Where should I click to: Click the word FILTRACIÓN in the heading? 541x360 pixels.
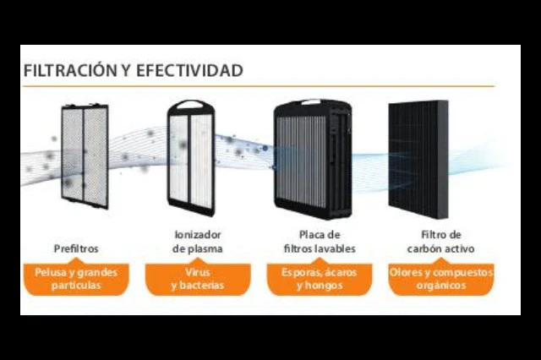[70, 70]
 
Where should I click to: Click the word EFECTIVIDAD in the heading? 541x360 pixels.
[189, 71]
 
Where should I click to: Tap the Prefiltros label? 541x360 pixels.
[76, 248]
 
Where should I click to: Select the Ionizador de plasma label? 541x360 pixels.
[198, 242]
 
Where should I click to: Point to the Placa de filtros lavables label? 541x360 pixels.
[320, 242]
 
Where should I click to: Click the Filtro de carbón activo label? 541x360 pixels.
[441, 242]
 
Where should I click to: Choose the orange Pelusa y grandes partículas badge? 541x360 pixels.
[76, 280]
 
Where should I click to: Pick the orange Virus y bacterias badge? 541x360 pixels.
[198, 280]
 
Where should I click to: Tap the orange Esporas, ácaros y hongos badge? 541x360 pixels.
[320, 280]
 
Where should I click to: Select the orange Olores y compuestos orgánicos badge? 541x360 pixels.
[441, 280]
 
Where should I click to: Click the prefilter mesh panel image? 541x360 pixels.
[85, 156]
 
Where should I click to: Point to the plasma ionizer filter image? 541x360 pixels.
[191, 158]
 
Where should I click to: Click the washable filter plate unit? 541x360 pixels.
[313, 159]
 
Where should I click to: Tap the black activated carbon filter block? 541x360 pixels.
[418, 160]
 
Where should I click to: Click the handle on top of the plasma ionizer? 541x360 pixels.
[190, 103]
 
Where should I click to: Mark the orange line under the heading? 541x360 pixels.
[260, 86]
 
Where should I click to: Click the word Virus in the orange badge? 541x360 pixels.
[198, 272]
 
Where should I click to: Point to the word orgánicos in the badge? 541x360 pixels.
[441, 286]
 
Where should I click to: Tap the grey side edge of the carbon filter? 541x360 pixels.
[443, 160]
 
